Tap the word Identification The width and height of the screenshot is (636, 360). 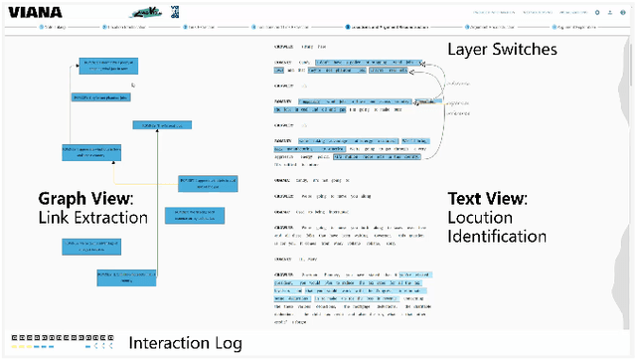coord(497,237)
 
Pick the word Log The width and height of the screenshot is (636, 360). coord(227,344)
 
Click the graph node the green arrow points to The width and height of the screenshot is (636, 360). coord(162,126)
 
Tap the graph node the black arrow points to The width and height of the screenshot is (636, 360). coord(106,66)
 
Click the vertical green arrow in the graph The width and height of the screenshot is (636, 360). coord(159,199)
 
